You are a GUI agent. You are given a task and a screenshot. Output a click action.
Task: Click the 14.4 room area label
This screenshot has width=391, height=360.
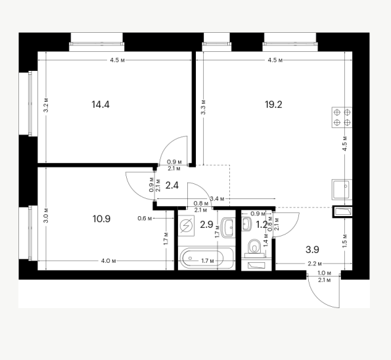point(101,104)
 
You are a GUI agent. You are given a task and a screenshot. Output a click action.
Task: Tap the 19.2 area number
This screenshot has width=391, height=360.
point(273,104)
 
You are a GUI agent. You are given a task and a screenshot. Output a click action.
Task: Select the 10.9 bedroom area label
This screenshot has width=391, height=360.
point(101,219)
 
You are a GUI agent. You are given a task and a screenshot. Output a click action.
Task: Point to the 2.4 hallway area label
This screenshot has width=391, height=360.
point(172,185)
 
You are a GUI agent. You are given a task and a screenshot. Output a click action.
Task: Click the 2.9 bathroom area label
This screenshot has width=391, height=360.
point(206,225)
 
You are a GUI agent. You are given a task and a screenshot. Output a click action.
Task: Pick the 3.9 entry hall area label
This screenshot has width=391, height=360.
point(312,250)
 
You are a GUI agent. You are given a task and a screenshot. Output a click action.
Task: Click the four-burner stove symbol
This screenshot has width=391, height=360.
point(342,118)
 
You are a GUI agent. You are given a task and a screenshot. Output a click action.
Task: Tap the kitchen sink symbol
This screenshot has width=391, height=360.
point(342,189)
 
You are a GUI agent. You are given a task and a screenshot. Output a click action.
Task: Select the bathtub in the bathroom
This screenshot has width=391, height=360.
point(207,258)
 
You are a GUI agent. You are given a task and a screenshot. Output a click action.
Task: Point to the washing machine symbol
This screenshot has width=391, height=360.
point(186,226)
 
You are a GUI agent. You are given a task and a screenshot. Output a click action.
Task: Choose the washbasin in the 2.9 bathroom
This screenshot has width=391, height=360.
point(228,227)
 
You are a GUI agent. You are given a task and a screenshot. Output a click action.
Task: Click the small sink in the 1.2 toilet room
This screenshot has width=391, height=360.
point(246,223)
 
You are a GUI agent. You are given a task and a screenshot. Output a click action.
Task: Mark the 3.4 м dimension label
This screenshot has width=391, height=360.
point(217,198)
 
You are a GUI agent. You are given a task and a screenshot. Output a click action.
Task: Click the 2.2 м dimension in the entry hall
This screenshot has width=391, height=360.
point(315,263)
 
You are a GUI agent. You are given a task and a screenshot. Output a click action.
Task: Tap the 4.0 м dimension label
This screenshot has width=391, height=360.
point(108,261)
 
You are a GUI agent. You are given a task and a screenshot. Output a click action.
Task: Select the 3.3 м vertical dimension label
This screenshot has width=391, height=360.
point(204,107)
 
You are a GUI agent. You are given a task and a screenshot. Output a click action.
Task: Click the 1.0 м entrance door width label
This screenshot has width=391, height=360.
point(325,273)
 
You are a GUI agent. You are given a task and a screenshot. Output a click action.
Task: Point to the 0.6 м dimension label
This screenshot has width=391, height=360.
point(145,219)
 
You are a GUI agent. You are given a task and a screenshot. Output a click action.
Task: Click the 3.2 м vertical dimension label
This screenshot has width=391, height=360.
point(46,105)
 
